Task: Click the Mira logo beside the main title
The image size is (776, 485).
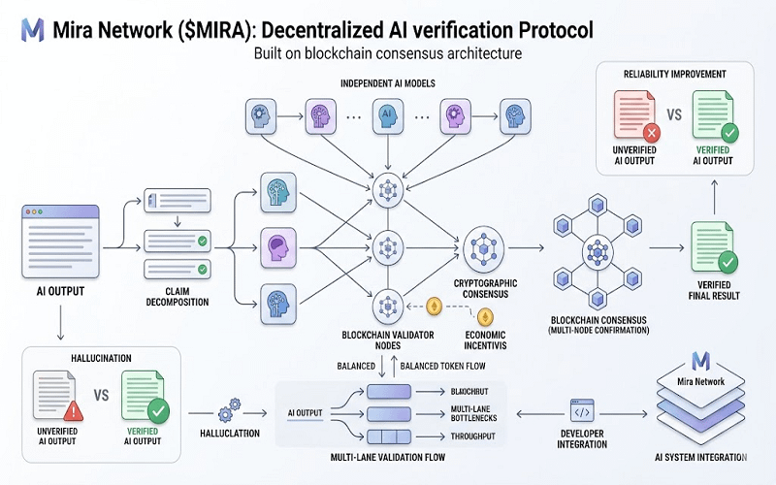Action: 33,29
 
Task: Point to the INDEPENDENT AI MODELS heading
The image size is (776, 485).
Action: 389,82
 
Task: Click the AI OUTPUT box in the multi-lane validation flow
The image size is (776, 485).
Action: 310,412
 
